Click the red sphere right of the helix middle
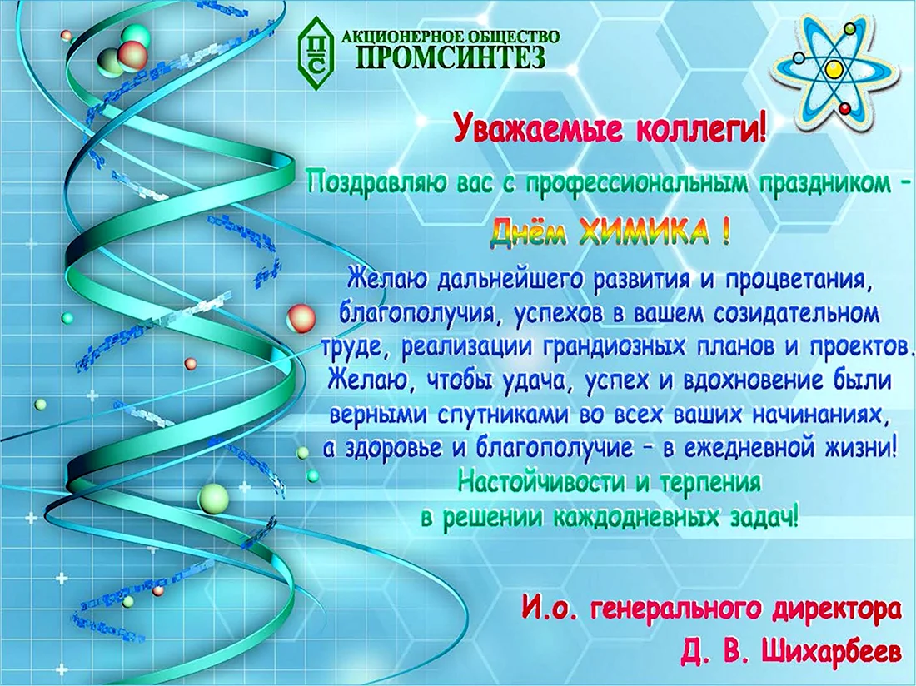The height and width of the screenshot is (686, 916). coord(301,318)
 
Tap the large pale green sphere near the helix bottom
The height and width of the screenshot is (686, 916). coord(213,498)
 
